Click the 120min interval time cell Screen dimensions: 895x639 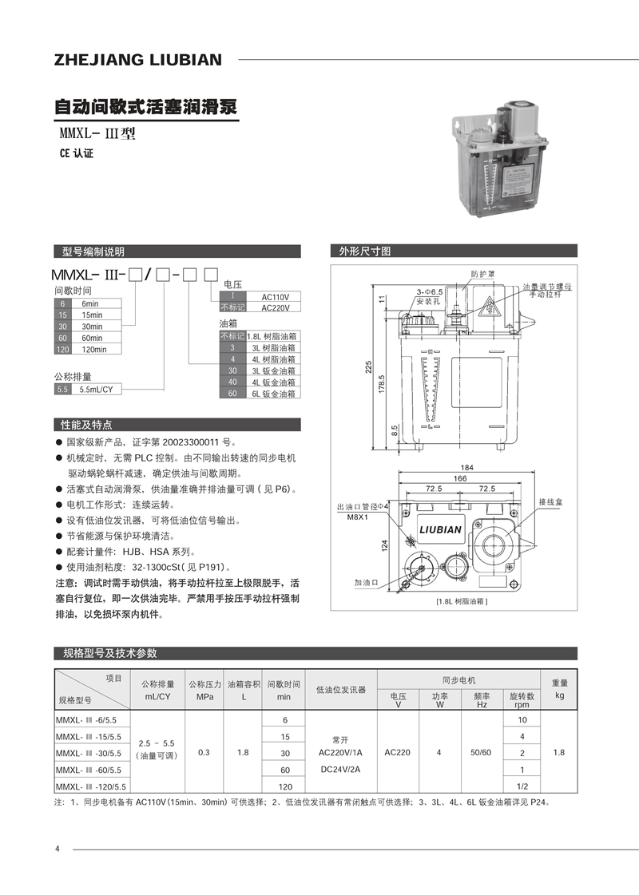pyautogui.click(x=100, y=349)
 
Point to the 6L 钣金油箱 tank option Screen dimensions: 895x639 pyautogui.click(x=272, y=394)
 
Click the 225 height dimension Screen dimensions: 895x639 pyautogui.click(x=370, y=366)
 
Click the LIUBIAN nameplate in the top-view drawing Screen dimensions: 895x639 pyautogui.click(x=440, y=529)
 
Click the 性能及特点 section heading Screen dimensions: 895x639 pyautogui.click(x=87, y=424)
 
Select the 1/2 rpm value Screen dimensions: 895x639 pyautogui.click(x=522, y=786)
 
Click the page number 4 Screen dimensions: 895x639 pyautogui.click(x=58, y=848)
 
